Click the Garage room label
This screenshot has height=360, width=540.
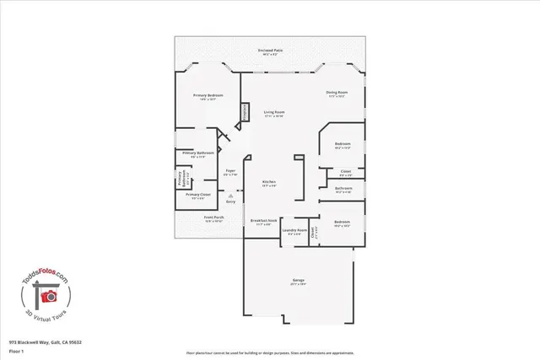(x=299, y=280)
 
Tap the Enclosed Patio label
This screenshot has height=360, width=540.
(x=271, y=51)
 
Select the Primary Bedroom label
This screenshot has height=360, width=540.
(x=208, y=96)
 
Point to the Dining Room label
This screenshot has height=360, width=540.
(x=338, y=92)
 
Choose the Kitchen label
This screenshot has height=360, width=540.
(x=269, y=182)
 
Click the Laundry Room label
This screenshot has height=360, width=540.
(x=294, y=230)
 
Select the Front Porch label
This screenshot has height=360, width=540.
(x=213, y=218)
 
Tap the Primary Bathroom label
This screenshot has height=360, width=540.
(x=197, y=153)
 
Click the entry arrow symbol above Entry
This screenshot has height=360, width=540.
(x=230, y=195)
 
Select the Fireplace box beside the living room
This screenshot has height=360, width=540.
(x=246, y=113)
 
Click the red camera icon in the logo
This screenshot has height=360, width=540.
(x=49, y=296)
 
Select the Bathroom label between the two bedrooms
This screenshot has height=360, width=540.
(x=343, y=189)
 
